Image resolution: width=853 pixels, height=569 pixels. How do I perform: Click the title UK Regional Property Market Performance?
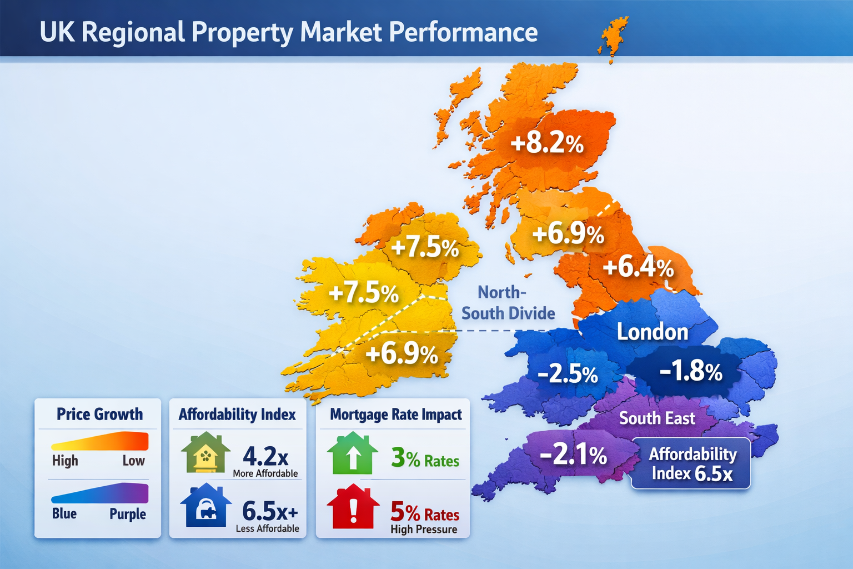pos(288,32)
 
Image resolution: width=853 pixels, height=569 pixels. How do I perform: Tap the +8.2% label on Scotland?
pos(547,143)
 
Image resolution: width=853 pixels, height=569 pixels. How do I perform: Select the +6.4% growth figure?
pos(638,267)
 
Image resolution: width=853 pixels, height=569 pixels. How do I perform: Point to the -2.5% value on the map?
pos(568,375)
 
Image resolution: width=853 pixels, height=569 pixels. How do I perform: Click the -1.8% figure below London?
pos(691,371)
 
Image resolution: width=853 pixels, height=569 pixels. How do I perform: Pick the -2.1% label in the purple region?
pos(574,456)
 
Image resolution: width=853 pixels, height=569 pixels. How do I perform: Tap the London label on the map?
pos(653,332)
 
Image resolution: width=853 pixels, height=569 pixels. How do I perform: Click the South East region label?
pos(657,418)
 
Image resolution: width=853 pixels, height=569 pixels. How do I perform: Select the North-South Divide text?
pos(508,303)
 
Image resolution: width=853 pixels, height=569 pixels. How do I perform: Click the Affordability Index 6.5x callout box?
pos(692,464)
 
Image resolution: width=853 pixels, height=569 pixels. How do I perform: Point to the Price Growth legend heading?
pos(99,415)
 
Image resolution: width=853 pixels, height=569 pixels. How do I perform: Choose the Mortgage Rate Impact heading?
pos(396,415)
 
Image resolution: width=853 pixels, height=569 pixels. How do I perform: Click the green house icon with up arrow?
pos(353,453)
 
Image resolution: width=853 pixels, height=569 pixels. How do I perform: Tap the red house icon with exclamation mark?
pos(353,506)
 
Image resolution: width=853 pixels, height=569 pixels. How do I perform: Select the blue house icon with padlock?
pos(205,506)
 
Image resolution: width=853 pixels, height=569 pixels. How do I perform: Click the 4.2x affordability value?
pos(265,457)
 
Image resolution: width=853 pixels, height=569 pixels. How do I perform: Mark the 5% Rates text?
pos(425,511)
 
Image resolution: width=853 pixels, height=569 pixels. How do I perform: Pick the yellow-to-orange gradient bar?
pos(100,442)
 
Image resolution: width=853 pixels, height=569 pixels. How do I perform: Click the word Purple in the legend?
pos(128,514)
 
